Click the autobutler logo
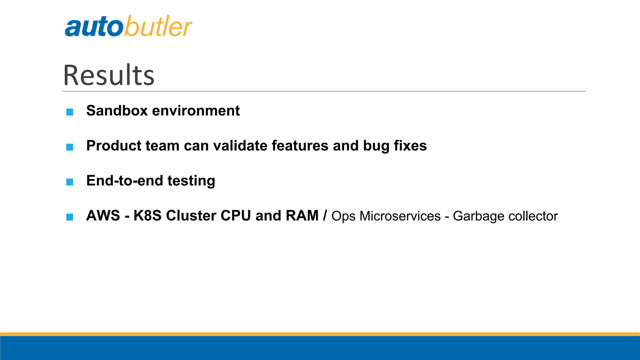(x=128, y=26)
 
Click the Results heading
(x=109, y=75)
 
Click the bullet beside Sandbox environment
(x=70, y=112)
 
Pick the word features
(x=300, y=146)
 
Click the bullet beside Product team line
(x=70, y=147)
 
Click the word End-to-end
(x=125, y=181)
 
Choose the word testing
(x=191, y=181)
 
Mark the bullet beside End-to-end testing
(x=70, y=182)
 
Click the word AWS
(x=103, y=216)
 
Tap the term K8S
(x=147, y=216)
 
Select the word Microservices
(x=400, y=216)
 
